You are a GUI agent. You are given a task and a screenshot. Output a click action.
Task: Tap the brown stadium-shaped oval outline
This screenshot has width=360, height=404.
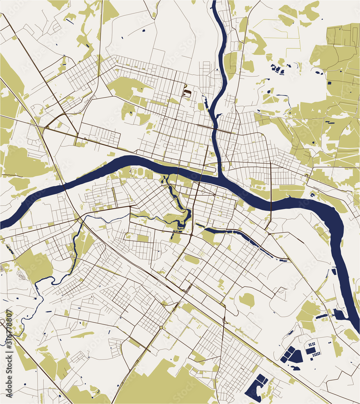pyautogui.click(x=187, y=93)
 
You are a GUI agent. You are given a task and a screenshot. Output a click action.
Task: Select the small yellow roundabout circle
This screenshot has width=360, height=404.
pyautogui.click(x=161, y=327)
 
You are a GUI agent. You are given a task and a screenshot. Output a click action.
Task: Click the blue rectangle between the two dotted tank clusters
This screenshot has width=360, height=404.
pyautogui.click(x=310, y=350)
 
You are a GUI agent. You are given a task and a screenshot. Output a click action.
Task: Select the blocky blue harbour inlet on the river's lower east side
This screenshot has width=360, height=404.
pyautogui.click(x=339, y=315)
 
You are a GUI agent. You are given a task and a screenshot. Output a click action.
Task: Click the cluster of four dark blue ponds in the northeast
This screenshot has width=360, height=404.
pyautogui.click(x=278, y=69)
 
